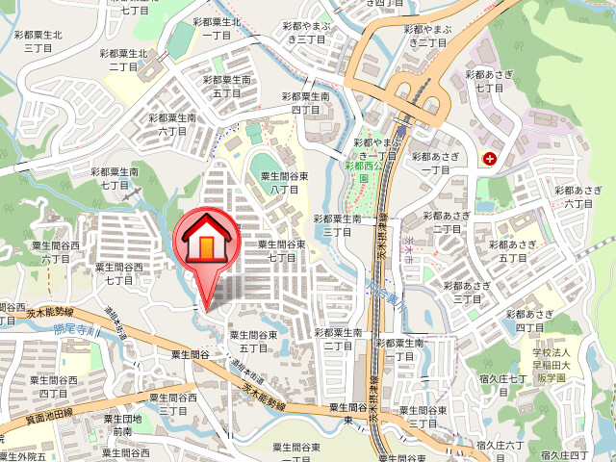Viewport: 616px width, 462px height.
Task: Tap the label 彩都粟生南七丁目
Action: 115,177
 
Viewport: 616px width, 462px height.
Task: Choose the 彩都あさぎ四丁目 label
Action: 528,321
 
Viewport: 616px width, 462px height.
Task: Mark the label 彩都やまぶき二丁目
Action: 429,37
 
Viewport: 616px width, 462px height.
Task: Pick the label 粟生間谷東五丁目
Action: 253,340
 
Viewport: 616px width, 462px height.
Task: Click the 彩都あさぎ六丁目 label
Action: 577,197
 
